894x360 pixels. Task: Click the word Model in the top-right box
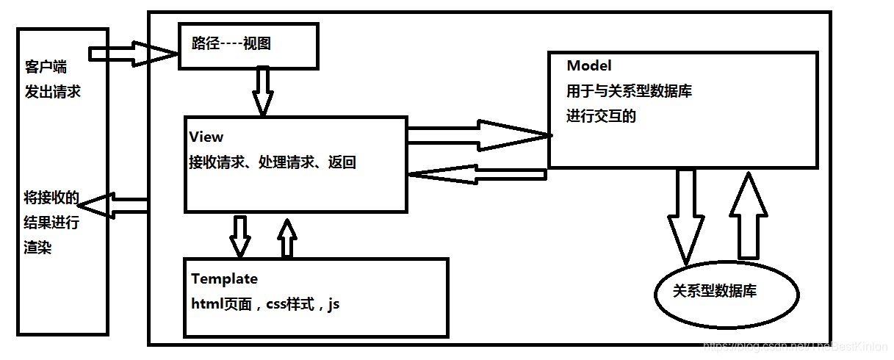588,66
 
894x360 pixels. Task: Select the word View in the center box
206,137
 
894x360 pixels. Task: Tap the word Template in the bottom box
224,279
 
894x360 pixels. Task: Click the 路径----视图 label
231,44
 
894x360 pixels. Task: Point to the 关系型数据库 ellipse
726,292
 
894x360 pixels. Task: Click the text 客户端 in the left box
45,68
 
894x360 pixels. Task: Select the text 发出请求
52,92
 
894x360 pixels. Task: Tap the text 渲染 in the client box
37,248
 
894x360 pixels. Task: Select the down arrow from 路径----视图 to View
262,92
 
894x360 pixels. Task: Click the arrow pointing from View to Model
477,134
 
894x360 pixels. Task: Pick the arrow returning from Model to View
477,175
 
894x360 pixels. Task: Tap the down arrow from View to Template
239,235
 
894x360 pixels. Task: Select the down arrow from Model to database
685,213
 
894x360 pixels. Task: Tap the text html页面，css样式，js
265,303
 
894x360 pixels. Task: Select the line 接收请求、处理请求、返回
272,163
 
